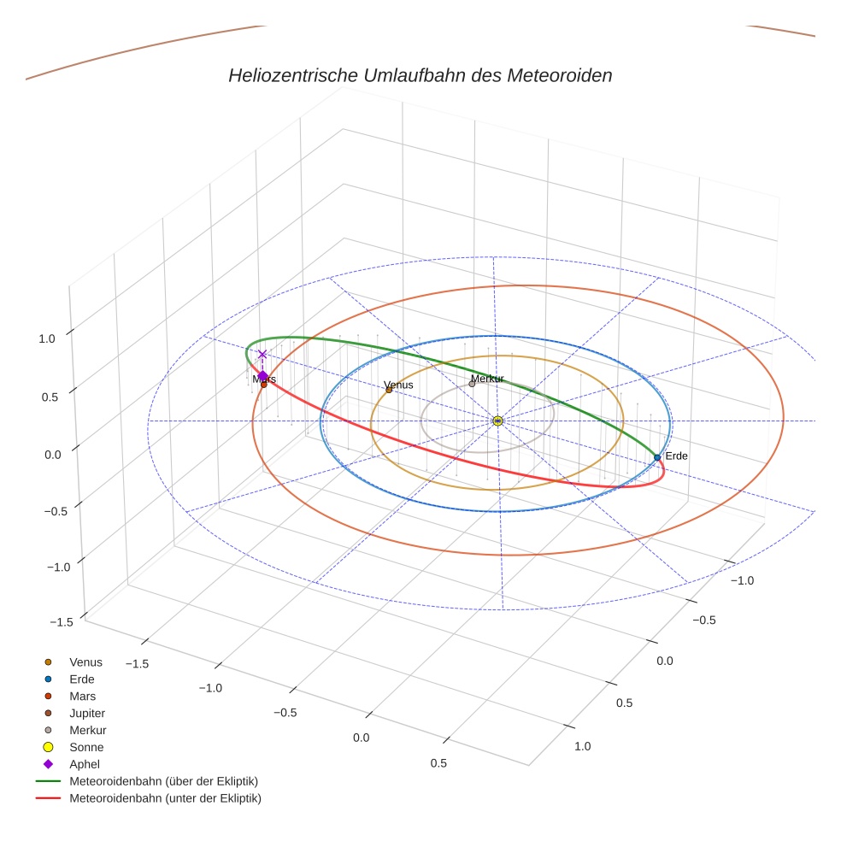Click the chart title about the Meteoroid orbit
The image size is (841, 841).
pos(420,75)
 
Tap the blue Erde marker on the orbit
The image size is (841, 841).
pos(657,457)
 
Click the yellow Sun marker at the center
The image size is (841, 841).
pos(497,420)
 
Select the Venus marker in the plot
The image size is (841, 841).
pos(389,390)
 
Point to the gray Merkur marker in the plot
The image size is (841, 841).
pos(472,384)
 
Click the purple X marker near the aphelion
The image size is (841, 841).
pos(262,354)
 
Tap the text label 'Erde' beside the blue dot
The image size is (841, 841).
pos(676,456)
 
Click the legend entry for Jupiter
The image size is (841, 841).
pos(87,713)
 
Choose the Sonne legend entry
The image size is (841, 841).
pos(86,747)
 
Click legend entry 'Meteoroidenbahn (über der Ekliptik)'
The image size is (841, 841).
pos(163,781)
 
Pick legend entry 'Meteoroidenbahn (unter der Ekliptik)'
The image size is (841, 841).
pos(165,798)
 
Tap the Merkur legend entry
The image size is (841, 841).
pos(87,730)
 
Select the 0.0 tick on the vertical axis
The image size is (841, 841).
pos(53,454)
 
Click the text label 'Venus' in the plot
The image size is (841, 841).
pos(398,385)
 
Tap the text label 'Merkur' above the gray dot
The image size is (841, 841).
pos(487,378)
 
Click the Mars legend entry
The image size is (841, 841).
pos(82,696)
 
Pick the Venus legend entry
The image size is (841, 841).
pos(85,662)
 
